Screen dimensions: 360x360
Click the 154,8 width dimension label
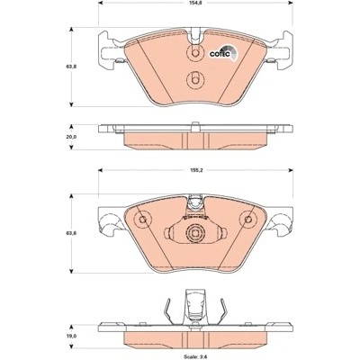click(195, 3)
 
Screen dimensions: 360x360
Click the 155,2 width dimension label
click(195, 170)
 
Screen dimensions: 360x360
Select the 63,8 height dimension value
click(74, 67)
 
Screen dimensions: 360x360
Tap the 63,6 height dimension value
click(74, 233)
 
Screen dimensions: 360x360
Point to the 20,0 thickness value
click(74, 137)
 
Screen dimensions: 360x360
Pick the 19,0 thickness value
click(74, 337)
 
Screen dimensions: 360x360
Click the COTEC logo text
click(220, 54)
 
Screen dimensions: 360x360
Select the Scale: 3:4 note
click(195, 355)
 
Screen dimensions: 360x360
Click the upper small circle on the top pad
click(195, 53)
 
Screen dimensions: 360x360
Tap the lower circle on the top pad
click(195, 80)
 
